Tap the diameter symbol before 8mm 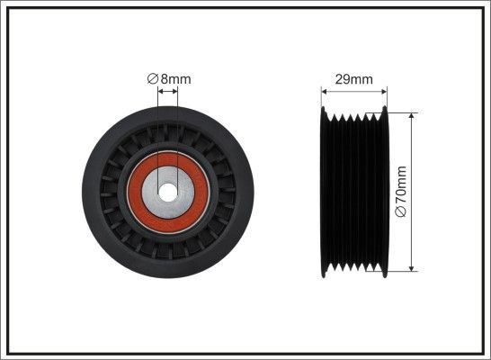(153, 78)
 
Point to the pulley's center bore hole (168, 191)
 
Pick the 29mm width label (354, 79)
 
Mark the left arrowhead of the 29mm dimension (326, 91)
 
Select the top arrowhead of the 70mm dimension (413, 116)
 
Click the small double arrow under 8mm (168, 91)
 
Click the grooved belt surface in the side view (354, 191)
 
